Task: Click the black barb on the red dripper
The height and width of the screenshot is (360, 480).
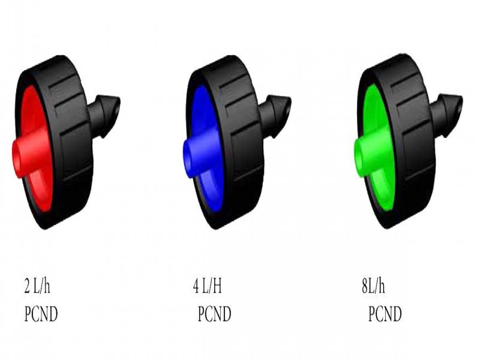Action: (x=104, y=116)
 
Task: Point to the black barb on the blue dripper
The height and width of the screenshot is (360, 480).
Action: (x=275, y=116)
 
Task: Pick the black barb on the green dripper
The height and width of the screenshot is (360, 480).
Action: (x=446, y=115)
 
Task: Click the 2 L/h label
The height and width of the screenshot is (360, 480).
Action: (x=37, y=286)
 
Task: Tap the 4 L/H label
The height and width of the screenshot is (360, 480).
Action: (x=207, y=286)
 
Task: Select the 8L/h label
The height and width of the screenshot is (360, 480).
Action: (x=373, y=286)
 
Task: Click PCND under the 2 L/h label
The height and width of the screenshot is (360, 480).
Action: (x=41, y=314)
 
